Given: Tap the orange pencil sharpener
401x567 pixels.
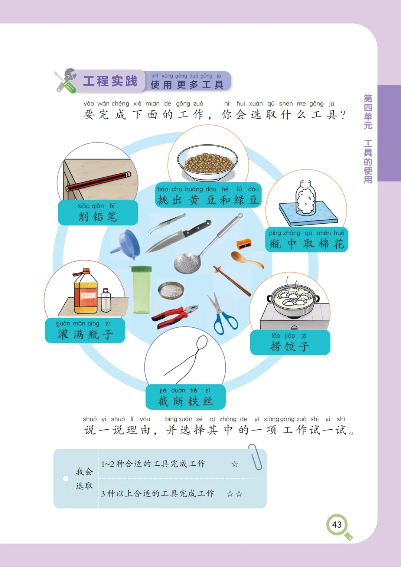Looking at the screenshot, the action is pos(244,244).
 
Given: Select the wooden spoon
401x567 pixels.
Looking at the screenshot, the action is pos(246,259).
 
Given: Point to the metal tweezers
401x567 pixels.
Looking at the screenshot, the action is pos(167,223).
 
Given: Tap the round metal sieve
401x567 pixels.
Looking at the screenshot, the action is pos(171,290).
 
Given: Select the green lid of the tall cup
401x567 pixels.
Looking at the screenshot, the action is pos(141,269).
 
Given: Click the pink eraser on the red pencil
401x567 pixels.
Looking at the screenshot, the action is pos(128,174).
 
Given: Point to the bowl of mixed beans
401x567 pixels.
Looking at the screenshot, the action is pos(208,162).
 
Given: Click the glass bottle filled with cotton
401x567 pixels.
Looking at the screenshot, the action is pos(306,198).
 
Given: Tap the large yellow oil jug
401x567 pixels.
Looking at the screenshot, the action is pos(85,291).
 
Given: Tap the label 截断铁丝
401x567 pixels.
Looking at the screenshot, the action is pos(185,401).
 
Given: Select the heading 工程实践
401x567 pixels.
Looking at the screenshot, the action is pos(110,81).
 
